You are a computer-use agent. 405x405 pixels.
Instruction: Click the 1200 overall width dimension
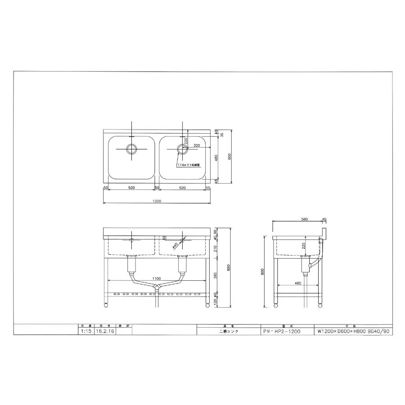[157, 201]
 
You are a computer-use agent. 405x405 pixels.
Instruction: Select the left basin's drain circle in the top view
[131, 148]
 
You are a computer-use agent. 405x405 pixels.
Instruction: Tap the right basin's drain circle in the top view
[182, 148]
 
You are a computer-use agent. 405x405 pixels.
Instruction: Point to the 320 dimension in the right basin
[197, 146]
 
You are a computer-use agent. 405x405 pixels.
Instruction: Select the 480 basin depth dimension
[216, 158]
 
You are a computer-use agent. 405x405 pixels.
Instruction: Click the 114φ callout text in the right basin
[188, 165]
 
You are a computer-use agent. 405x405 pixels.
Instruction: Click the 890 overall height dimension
[229, 266]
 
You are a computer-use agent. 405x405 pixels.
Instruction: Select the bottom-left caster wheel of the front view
[106, 306]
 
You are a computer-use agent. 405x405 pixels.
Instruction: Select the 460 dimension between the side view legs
[297, 283]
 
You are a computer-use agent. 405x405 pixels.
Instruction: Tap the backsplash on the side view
[324, 233]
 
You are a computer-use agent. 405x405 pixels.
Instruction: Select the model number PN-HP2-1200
[282, 331]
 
